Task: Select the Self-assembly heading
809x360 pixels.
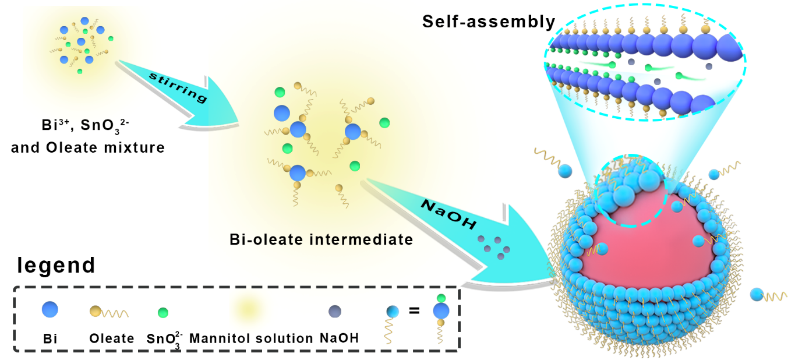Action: click(489, 22)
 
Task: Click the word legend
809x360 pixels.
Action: click(56, 265)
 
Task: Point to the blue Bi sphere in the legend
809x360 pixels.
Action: click(50, 309)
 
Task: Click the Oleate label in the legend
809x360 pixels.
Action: click(112, 338)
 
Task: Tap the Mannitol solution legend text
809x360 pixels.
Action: click(251, 338)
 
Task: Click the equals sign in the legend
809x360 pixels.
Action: click(414, 310)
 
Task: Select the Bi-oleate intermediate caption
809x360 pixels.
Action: click(322, 239)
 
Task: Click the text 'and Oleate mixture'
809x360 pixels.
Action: click(88, 147)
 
